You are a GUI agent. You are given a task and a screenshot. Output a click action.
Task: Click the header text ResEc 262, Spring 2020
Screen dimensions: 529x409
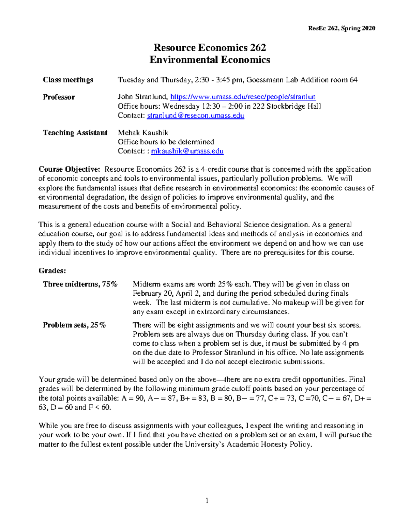[341, 28]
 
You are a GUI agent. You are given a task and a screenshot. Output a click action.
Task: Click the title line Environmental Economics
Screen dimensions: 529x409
[210, 60]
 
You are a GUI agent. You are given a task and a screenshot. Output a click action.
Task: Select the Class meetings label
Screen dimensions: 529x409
[68, 80]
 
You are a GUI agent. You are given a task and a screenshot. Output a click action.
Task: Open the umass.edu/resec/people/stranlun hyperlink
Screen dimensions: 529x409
[243, 97]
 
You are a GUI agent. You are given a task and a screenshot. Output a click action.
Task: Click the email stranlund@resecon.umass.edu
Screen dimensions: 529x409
[195, 115]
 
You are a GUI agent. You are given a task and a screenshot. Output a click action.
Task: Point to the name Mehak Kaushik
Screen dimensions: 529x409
[143, 133]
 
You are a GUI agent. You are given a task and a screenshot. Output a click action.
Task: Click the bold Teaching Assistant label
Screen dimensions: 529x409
[75, 133]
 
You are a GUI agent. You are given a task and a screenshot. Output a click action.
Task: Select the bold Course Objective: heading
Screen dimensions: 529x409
[69, 169]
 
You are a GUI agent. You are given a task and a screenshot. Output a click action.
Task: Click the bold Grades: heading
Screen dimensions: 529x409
[52, 271]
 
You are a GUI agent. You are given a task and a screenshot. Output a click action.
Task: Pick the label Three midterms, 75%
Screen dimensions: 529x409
[80, 284]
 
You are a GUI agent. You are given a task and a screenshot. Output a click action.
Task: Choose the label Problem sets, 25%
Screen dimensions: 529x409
[74, 325]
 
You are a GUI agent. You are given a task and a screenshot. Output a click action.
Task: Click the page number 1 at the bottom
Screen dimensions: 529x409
[207, 500]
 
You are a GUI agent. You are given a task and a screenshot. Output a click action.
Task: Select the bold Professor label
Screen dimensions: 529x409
[59, 97]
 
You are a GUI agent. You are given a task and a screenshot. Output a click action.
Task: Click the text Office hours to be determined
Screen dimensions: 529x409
[166, 142]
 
